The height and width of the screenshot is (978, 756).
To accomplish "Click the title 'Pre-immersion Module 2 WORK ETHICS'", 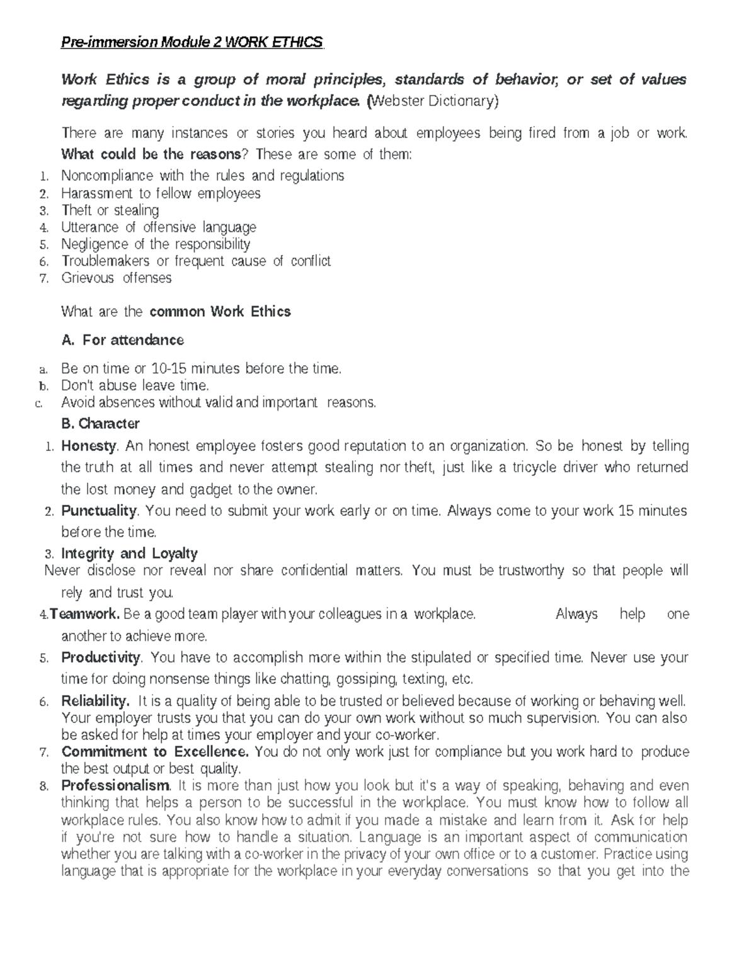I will click(x=192, y=42).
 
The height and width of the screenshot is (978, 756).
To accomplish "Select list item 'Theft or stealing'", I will click(x=110, y=210).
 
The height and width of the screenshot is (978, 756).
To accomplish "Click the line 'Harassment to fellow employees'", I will click(x=161, y=193).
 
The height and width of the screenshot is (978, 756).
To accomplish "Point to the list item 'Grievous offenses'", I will click(x=116, y=278).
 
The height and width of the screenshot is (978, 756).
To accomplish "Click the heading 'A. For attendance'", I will click(x=123, y=340).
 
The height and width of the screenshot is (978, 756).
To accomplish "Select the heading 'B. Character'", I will click(x=100, y=423).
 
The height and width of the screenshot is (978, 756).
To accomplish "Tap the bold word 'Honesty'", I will click(x=88, y=446).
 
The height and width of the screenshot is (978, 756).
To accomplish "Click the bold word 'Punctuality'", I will click(x=99, y=511).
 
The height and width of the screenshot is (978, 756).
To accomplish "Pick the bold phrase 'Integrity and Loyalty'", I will click(x=129, y=554).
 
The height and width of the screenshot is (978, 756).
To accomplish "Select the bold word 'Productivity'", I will click(x=101, y=657).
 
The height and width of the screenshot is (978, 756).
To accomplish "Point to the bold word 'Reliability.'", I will click(x=95, y=701).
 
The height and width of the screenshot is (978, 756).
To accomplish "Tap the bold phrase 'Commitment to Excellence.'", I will click(x=155, y=752).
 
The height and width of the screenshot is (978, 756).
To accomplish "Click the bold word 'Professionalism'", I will click(x=115, y=786).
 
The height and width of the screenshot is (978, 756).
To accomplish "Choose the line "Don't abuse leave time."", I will click(x=135, y=385).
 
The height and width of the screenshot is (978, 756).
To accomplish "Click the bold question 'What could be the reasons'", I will click(x=151, y=154).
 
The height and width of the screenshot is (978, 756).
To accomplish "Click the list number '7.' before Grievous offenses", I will click(x=43, y=278).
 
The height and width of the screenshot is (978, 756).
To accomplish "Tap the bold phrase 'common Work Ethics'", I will click(x=220, y=312).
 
